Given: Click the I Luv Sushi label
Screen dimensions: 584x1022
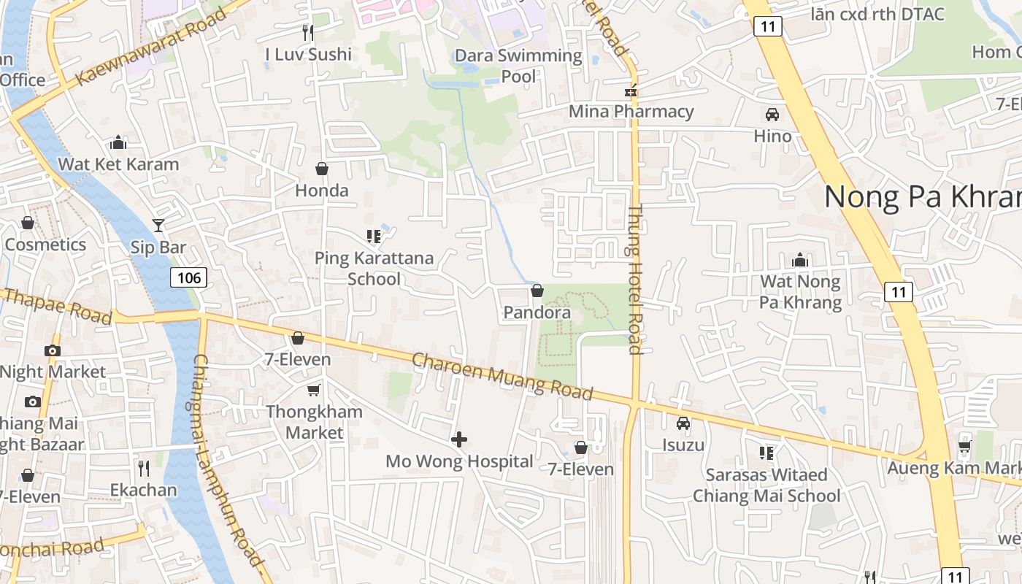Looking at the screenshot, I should coord(308,54).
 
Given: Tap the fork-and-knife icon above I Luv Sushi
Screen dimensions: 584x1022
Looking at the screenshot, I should coord(308,33).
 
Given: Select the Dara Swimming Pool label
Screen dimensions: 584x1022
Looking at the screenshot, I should coord(518,66).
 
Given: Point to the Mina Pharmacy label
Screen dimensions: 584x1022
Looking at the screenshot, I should coord(631,111).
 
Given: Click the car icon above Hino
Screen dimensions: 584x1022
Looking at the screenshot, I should coord(772,115).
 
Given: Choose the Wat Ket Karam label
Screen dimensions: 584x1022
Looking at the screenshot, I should coord(118,164).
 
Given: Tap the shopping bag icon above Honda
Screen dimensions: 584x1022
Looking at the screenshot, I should coord(321,169).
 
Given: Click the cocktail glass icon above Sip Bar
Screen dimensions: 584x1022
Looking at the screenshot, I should coord(158,226).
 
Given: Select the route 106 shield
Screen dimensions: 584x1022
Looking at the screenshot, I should coord(189,277).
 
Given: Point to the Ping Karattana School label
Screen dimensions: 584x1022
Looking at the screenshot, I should coord(374,268).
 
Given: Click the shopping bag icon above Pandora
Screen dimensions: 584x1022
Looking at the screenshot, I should coord(537,291).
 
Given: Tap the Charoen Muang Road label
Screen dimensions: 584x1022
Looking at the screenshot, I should coord(502,376).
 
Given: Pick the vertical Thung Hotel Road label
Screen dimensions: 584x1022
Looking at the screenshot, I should coord(634,280).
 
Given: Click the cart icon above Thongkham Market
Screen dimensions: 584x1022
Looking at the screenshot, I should coord(314,391).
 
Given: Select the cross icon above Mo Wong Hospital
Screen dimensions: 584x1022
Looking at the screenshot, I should coord(459,439).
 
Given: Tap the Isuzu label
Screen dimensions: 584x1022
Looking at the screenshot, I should coord(683,445).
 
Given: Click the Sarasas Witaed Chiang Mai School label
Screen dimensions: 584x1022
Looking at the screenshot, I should coord(766,485).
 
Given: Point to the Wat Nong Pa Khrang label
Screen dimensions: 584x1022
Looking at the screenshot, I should coord(801,292).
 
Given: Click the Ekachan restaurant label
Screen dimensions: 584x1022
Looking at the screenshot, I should coord(144,489).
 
